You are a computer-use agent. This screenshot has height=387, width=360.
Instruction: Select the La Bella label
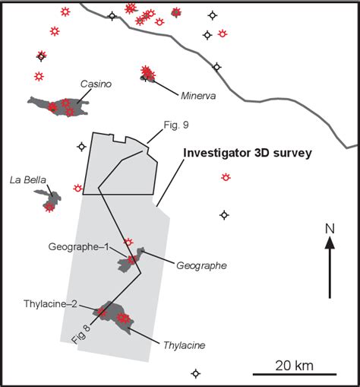coord(28,180)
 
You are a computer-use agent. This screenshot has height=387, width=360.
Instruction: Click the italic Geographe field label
coord(201,265)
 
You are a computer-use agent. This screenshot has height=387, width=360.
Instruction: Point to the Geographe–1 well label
coord(80,247)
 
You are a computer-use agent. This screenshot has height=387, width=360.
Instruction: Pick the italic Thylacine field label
coord(185,344)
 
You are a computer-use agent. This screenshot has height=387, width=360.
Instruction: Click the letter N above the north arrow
coord(330,227)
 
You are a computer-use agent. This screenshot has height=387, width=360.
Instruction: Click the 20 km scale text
coord(295,365)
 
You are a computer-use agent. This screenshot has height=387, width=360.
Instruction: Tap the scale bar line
coord(295,374)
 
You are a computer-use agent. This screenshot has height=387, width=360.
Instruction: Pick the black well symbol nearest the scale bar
coord(196,373)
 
